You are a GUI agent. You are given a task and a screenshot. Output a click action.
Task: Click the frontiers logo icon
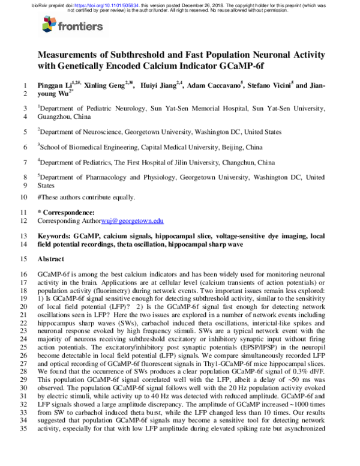[49, 25]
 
